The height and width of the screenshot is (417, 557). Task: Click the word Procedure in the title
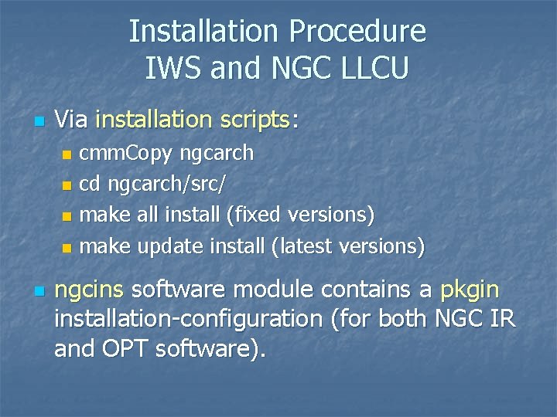point(357,32)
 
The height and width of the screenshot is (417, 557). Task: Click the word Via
point(71,119)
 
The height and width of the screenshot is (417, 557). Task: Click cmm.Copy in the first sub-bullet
point(127,153)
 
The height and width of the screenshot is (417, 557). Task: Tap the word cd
point(91,185)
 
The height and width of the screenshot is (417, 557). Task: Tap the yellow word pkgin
point(470,290)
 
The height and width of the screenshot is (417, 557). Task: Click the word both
point(405,320)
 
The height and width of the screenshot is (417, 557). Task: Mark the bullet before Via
point(40,121)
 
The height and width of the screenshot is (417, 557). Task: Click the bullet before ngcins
point(40,292)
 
